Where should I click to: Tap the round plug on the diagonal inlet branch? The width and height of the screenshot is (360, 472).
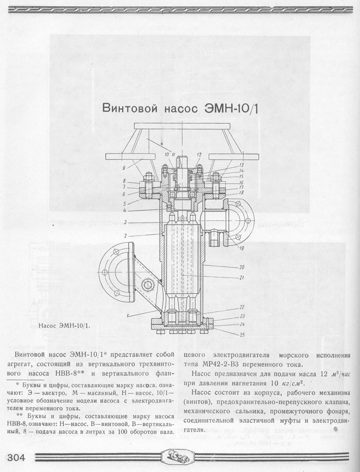tap(149, 285)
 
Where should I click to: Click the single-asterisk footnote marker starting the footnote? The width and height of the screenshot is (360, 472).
tap(17, 384)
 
